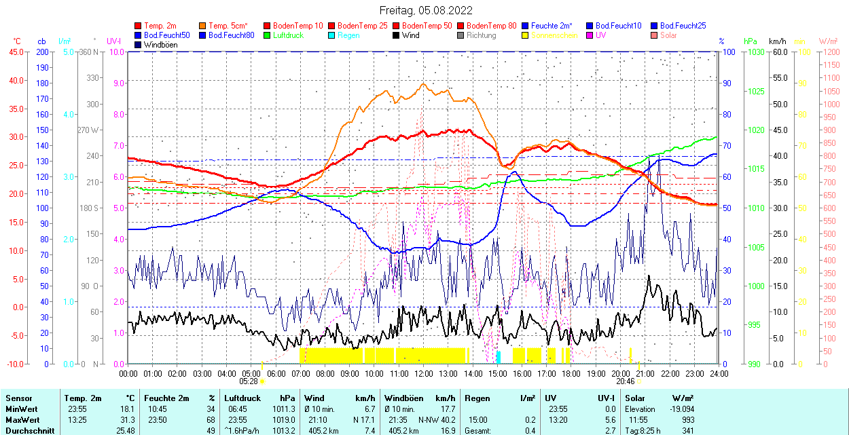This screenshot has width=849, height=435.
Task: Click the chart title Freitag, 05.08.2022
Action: coord(425,10)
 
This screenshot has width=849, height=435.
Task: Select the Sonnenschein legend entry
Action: coord(554,35)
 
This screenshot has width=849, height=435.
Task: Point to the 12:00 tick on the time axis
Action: coord(424,373)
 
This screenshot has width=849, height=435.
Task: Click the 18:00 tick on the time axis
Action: coord(571,373)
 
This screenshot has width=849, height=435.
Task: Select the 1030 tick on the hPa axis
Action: coord(754,52)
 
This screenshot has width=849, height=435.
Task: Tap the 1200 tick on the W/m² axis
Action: coord(831,52)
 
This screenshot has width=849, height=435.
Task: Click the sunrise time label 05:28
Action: coord(249,381)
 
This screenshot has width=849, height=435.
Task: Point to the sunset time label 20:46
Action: coord(626,381)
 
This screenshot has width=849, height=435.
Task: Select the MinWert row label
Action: coord(22,409)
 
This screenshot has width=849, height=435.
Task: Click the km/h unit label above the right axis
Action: coord(778,41)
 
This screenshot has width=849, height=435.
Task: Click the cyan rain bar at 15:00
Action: coord(499,357)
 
